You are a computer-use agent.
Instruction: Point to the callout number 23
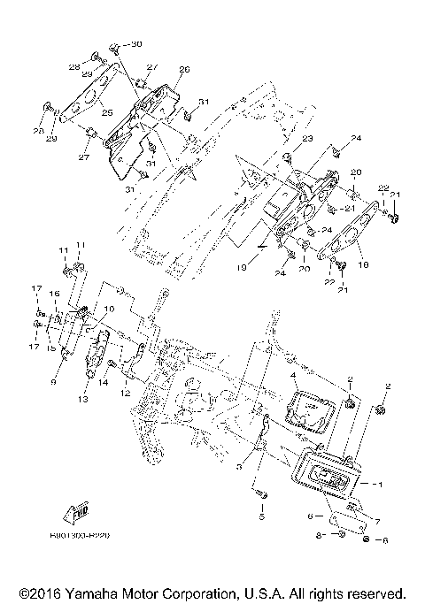coord(307,139)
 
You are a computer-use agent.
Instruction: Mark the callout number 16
coord(52,293)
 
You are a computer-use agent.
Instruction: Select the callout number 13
coord(84,400)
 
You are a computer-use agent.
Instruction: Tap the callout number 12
coord(125,393)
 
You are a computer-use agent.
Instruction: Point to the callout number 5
coord(261,516)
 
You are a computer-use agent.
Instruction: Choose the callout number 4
coord(292,376)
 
